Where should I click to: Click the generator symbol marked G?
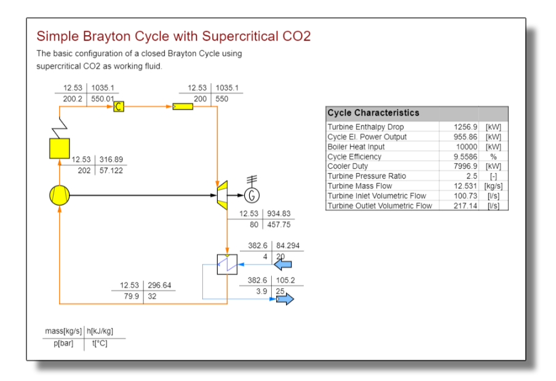pos(252,195)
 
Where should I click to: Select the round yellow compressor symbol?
pos(60,195)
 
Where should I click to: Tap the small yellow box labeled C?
pos(119,106)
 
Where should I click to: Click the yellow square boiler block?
pos(60,148)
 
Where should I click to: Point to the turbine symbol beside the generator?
pos(222,195)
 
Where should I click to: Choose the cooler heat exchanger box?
pos(228,264)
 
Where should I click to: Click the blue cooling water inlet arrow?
pos(283,264)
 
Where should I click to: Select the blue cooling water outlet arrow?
pos(285,299)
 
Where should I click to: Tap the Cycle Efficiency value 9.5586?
pos(465,157)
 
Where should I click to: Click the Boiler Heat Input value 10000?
pos(467,147)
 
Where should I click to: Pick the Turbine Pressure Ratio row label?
pos(367,176)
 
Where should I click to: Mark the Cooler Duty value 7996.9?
pos(465,166)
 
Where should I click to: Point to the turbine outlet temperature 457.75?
pos(279,225)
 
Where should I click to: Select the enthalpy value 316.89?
pos(111,159)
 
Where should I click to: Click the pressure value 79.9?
pos(131,296)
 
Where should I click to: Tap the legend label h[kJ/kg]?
pos(100,331)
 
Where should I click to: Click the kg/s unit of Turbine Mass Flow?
pos(493,186)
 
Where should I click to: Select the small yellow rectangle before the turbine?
pos(183,106)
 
